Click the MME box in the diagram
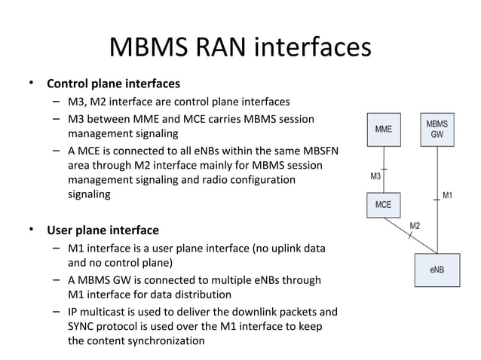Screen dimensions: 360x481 pyautogui.click(x=383, y=129)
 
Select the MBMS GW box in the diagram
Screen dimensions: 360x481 pyautogui.click(x=437, y=129)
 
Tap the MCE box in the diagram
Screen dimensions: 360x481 pyautogui.click(x=383, y=204)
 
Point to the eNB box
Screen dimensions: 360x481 pyautogui.click(x=437, y=269)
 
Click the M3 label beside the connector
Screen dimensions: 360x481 pyautogui.click(x=375, y=177)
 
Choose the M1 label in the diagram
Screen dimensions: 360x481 pyautogui.click(x=448, y=196)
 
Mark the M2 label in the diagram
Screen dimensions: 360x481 pyautogui.click(x=415, y=226)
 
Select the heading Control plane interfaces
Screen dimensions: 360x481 pyautogui.click(x=113, y=83)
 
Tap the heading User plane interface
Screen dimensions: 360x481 pyautogui.click(x=103, y=230)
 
